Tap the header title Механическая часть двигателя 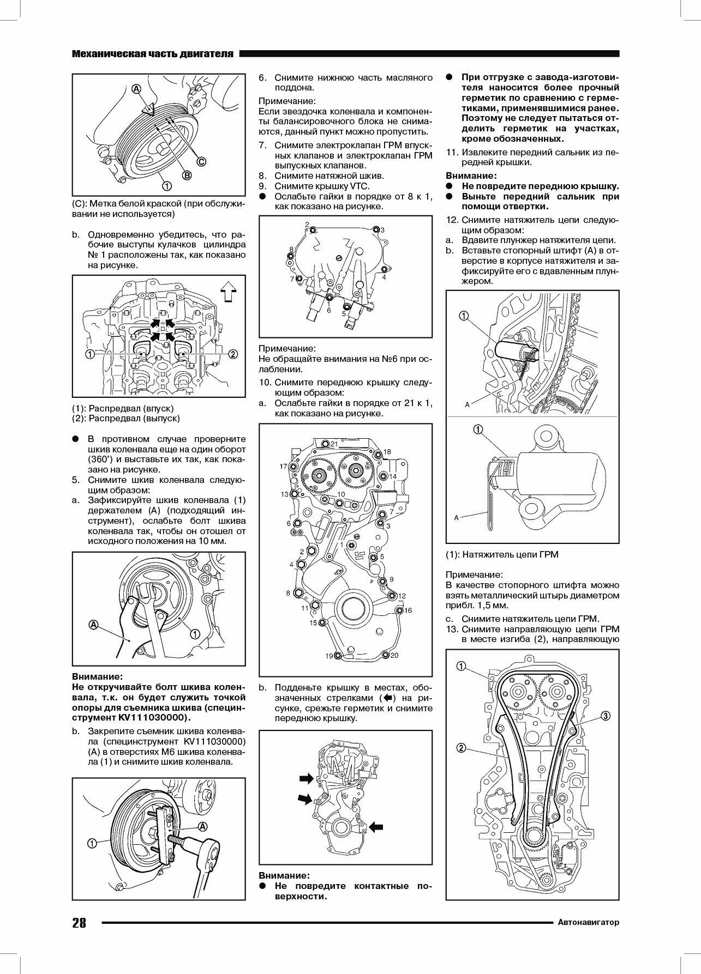tap(153, 54)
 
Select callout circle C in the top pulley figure tap(201, 161)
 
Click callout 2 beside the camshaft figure tap(232, 354)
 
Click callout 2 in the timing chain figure tap(461, 748)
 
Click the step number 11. tap(451, 152)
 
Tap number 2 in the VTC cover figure tap(307, 225)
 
